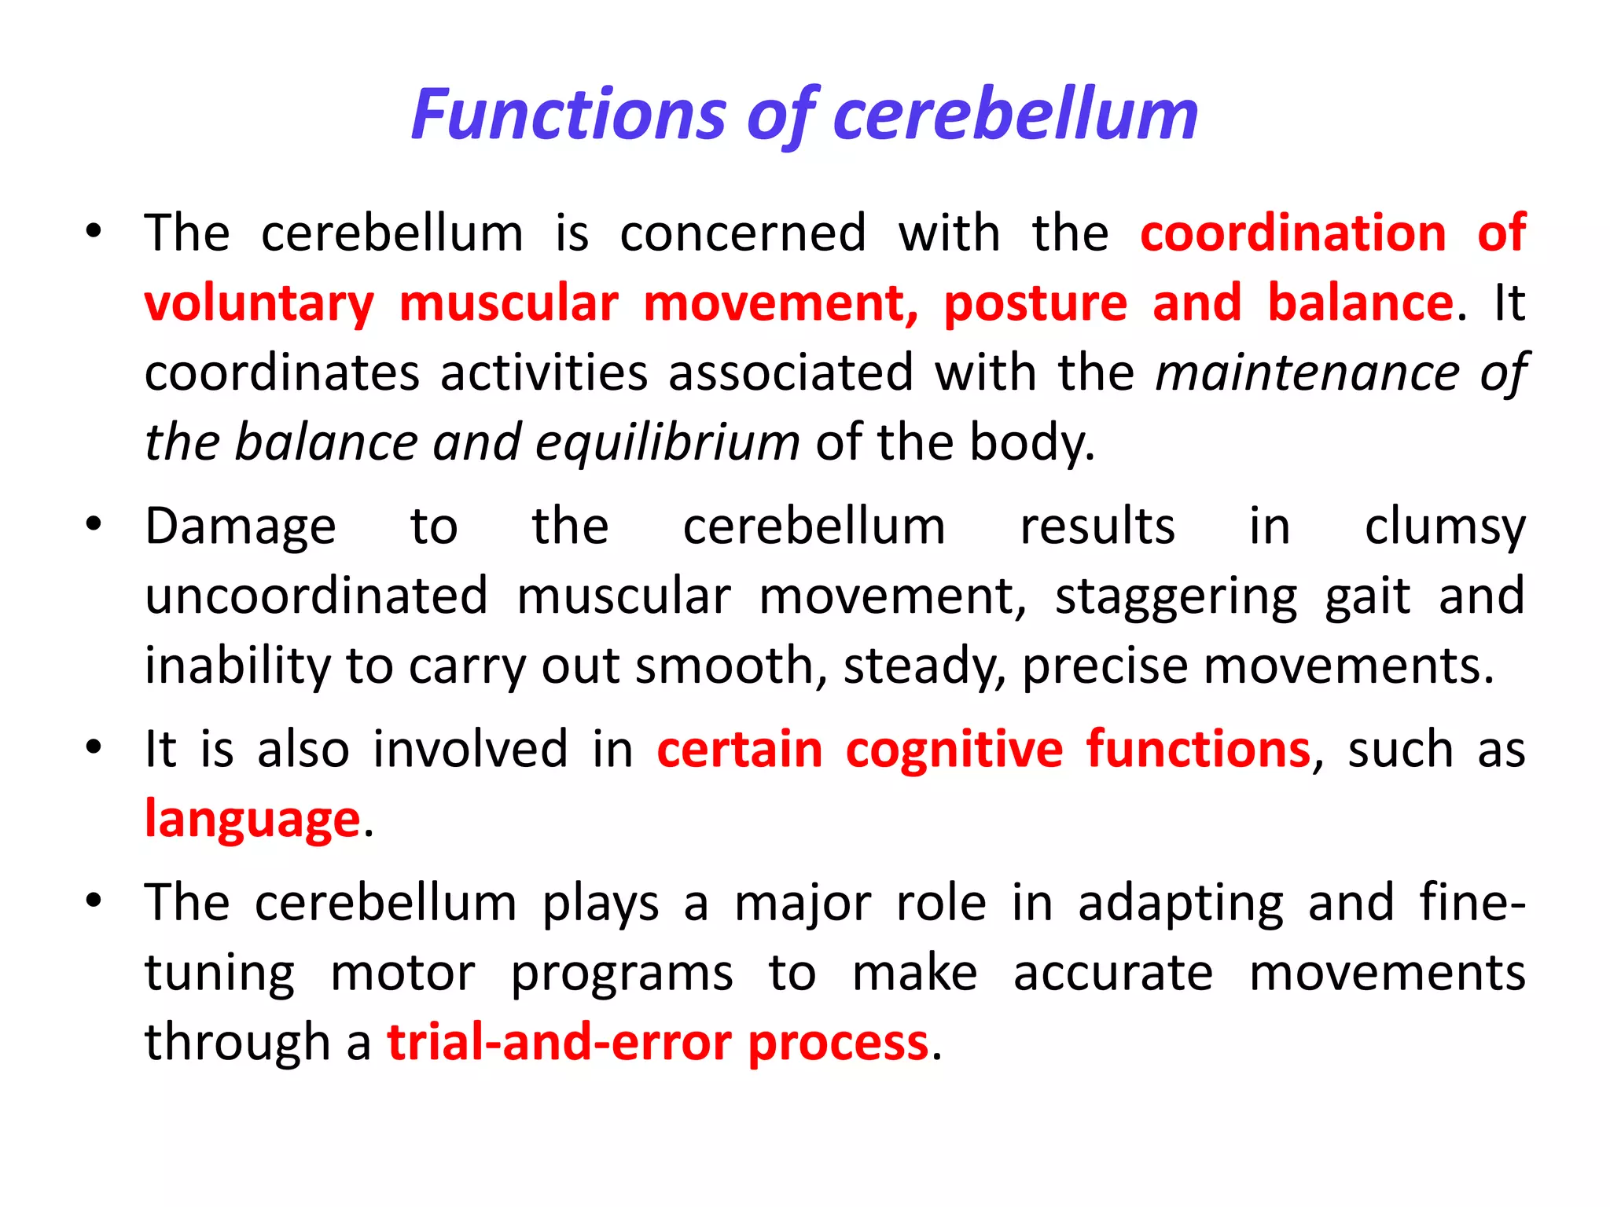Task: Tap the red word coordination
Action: [x=1292, y=233]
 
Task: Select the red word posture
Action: [x=1035, y=303]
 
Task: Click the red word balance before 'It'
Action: [x=1360, y=303]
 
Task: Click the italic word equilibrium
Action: [x=667, y=442]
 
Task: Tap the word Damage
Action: [x=241, y=526]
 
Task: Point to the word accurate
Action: [x=1112, y=973]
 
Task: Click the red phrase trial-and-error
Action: [x=559, y=1043]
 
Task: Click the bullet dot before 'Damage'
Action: [x=94, y=524]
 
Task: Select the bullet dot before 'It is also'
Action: [x=94, y=747]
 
